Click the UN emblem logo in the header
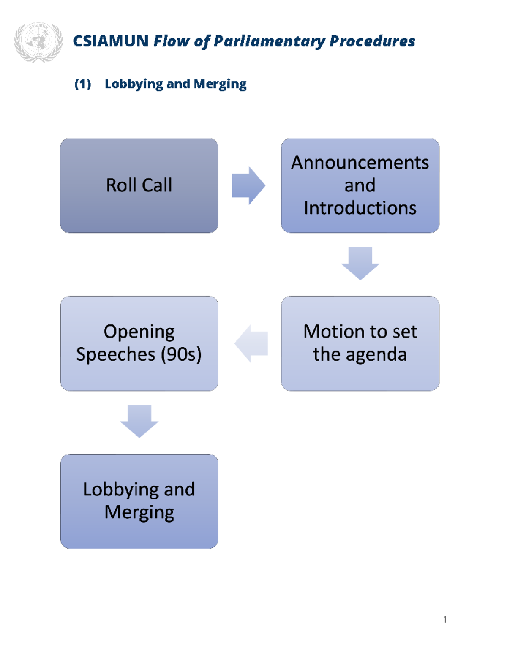click(x=38, y=42)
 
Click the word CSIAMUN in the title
click(x=110, y=41)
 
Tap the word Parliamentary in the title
click(x=269, y=41)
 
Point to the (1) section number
click(x=83, y=84)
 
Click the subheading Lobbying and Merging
click(x=175, y=84)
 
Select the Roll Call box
click(x=139, y=185)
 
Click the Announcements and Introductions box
click(x=360, y=185)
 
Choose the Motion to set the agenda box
click(x=360, y=343)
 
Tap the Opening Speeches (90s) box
click(x=139, y=343)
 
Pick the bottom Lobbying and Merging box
click(x=139, y=501)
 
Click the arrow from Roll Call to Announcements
click(x=248, y=185)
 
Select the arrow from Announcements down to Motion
click(x=360, y=263)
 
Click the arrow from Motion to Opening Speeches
click(x=252, y=343)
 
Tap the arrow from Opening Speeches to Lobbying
click(x=139, y=421)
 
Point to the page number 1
click(x=445, y=619)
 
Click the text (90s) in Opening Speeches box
click(x=181, y=354)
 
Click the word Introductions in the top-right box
click(x=360, y=208)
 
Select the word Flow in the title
click(x=171, y=41)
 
